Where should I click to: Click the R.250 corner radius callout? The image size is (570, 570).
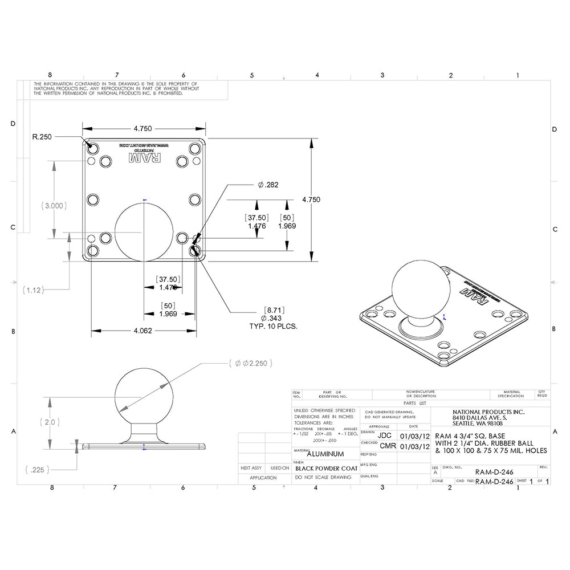[x=42, y=137]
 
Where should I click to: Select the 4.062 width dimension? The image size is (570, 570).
[x=143, y=331]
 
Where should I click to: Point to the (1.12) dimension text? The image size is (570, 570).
[x=33, y=290]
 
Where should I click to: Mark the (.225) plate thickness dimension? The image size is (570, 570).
[x=38, y=470]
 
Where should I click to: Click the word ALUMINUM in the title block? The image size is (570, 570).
[x=325, y=454]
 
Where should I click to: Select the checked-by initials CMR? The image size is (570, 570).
[x=388, y=446]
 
